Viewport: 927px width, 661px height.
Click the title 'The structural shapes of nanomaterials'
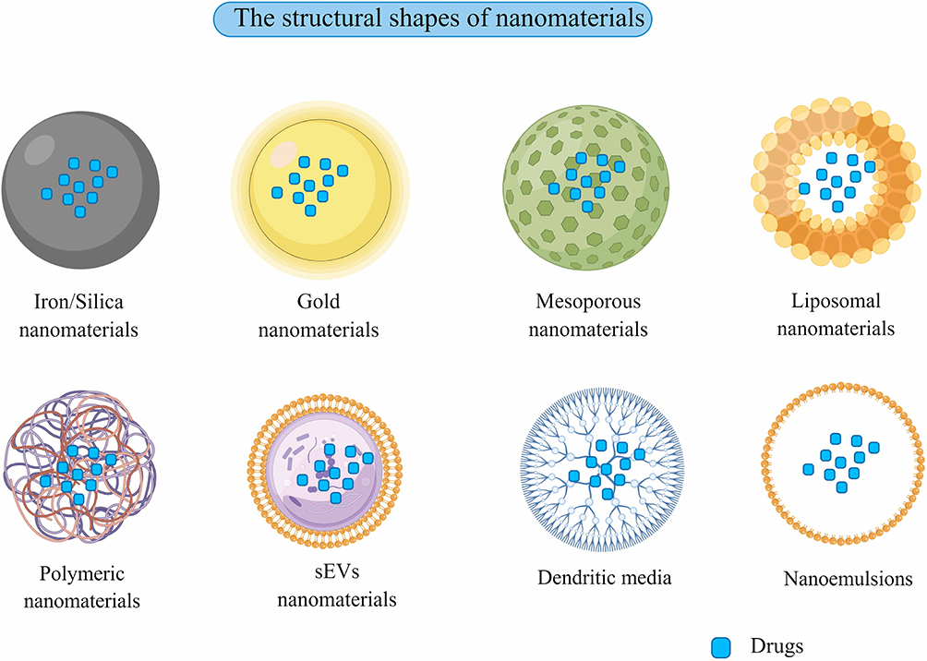pos(439,18)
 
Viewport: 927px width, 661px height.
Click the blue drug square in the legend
pos(721,647)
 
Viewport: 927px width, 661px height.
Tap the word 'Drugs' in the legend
pos(777,646)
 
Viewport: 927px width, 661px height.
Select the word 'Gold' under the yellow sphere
pos(318,302)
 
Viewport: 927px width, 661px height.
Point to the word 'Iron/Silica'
pos(78,302)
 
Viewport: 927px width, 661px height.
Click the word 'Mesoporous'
pos(588,302)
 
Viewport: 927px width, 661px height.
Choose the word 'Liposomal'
pos(836,301)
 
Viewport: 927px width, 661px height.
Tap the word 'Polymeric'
pos(81,573)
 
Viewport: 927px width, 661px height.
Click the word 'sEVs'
pos(337,571)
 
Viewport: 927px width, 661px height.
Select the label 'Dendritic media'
pos(604,577)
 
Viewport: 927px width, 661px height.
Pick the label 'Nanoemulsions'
pos(848,578)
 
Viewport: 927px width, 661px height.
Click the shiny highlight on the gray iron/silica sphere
pos(40,149)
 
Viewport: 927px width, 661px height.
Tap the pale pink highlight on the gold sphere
pos(283,154)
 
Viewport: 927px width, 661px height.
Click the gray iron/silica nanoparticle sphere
pos(80,190)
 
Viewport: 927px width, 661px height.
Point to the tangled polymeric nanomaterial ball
pos(79,466)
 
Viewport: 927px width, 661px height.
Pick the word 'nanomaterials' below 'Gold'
pos(318,330)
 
